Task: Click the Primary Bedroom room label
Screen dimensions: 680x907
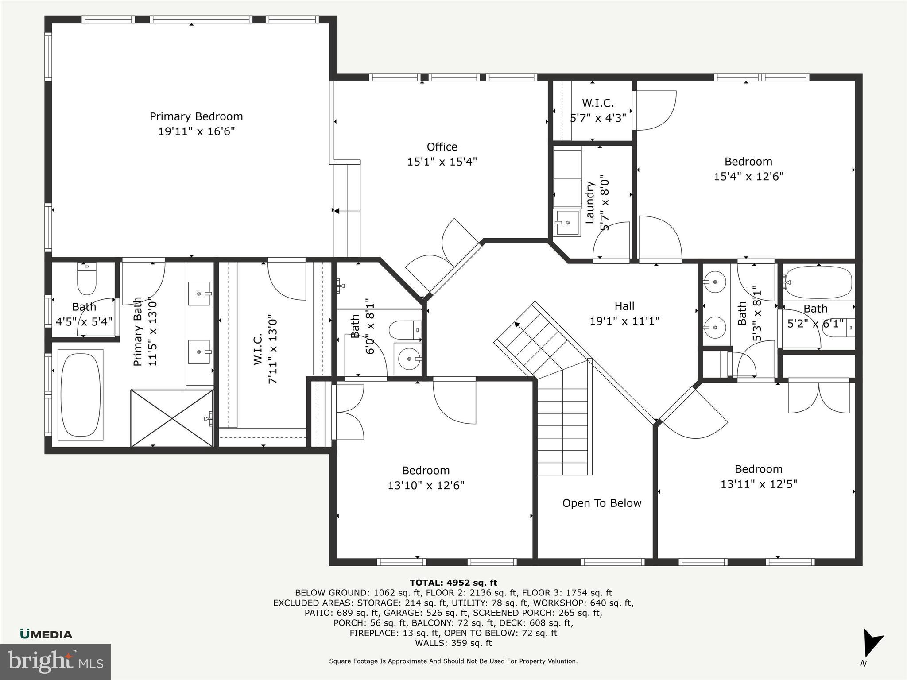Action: click(196, 116)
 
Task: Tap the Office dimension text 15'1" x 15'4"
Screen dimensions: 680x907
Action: click(442, 162)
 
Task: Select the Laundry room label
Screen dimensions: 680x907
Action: click(590, 202)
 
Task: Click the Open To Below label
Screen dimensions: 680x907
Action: click(601, 503)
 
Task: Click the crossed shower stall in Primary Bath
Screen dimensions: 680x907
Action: click(172, 417)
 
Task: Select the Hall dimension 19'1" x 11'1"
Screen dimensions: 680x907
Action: click(624, 321)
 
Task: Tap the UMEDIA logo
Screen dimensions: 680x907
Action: click(46, 634)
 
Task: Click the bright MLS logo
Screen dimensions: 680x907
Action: click(55, 661)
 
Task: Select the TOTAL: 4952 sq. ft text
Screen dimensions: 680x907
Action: click(453, 583)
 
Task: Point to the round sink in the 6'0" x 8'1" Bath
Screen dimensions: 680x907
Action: click(407, 359)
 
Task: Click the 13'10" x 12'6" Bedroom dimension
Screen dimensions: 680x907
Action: click(426, 485)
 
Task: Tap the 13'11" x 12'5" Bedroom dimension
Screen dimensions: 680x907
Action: click(758, 484)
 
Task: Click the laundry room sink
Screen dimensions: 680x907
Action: click(567, 223)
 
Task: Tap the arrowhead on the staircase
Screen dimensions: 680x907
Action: click(517, 325)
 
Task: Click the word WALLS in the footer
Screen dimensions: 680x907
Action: click(428, 643)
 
